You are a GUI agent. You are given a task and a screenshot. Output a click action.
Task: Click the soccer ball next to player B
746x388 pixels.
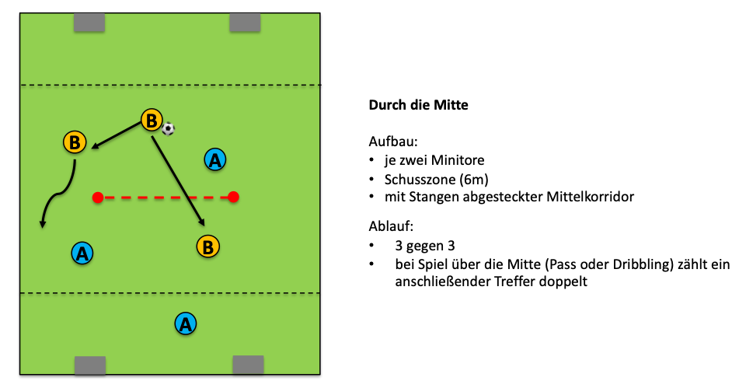point(169,129)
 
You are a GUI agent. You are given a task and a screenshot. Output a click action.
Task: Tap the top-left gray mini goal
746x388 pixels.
point(89,23)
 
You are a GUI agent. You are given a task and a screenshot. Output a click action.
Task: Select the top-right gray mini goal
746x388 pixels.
point(246,23)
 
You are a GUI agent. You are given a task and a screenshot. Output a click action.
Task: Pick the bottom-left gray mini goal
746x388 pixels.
point(89,365)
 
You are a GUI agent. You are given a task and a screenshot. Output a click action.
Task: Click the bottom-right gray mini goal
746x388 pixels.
point(248,365)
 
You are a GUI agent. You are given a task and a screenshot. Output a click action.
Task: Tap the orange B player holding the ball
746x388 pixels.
point(152,121)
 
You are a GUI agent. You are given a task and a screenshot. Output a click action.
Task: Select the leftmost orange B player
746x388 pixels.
point(75,142)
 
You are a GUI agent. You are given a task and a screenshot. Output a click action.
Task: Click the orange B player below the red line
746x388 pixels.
point(207,246)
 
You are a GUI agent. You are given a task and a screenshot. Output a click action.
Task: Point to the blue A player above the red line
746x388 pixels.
point(214,160)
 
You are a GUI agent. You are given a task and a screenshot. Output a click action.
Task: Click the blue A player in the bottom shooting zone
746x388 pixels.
point(184,323)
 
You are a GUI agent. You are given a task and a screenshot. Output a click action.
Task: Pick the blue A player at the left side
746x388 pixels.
point(82,253)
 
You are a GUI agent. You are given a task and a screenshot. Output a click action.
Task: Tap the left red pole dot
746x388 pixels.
point(97,197)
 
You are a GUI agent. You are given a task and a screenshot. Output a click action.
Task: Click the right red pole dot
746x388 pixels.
point(233,197)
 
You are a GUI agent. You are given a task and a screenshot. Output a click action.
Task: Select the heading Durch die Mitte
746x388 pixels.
point(418,105)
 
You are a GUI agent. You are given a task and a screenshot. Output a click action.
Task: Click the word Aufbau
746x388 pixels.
point(393,143)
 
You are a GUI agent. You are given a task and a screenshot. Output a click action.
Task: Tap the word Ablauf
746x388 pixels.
point(392,226)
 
